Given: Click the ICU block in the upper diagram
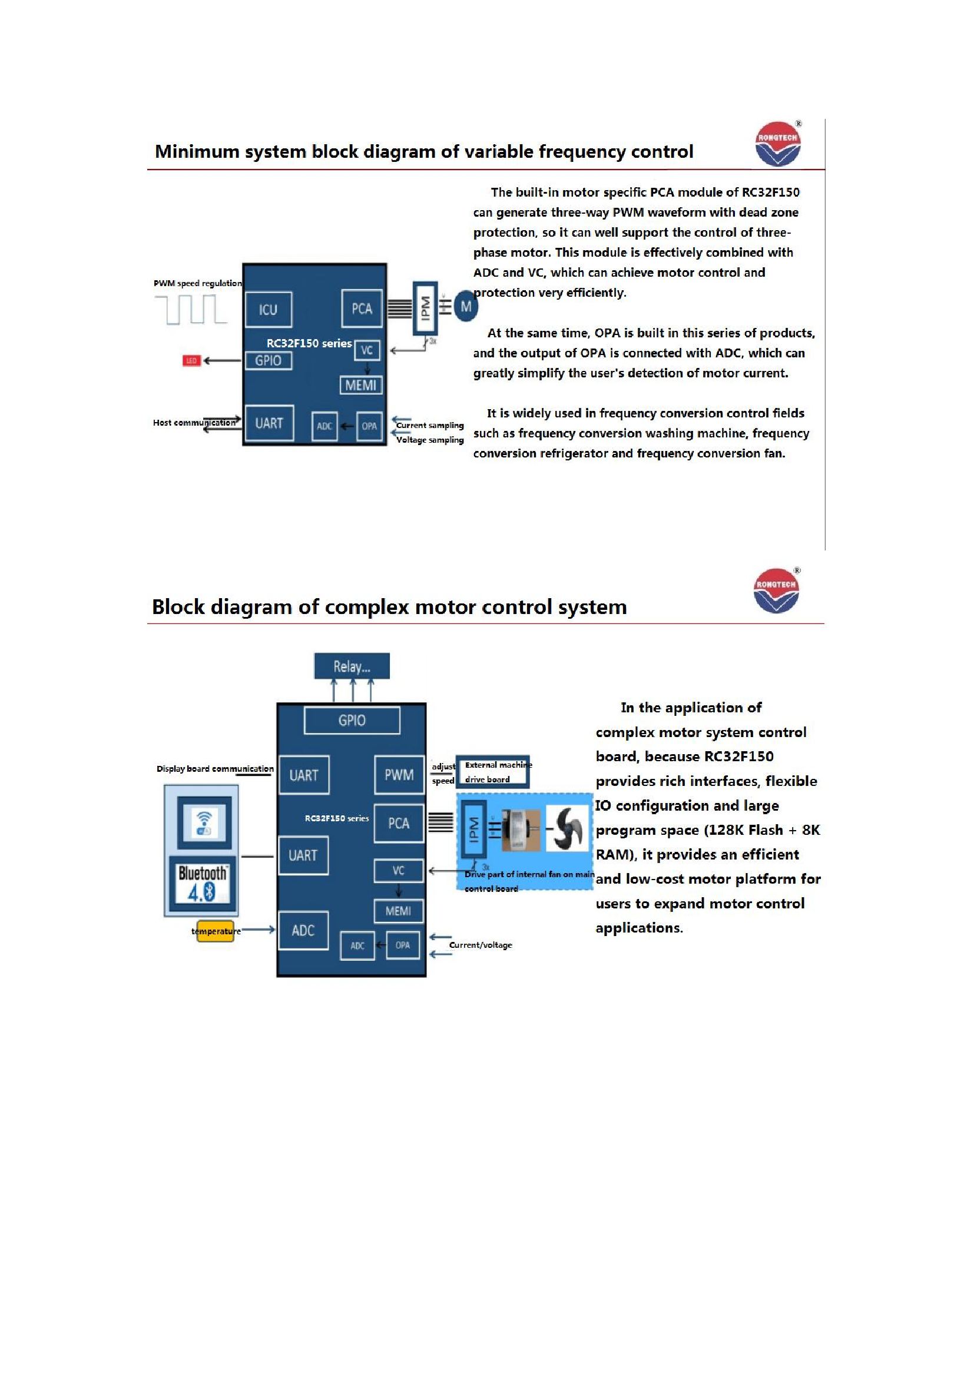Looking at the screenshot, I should point(268,310).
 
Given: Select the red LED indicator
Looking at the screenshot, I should point(191,360).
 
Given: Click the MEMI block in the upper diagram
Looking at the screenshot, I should point(360,385).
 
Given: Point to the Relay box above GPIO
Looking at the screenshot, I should point(352,666).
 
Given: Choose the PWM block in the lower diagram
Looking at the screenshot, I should point(399,775).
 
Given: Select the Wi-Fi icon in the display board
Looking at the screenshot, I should point(204,822).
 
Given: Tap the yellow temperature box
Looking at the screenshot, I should point(215,931).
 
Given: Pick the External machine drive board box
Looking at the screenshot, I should point(492,772).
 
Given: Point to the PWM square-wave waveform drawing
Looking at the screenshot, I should point(191,310).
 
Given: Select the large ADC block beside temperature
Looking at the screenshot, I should point(303,930).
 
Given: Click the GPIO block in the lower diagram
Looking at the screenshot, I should point(352,720).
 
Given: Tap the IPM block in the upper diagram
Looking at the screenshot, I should point(425,308).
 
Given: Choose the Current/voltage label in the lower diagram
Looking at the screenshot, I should point(481,945).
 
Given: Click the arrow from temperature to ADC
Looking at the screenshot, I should point(258,930).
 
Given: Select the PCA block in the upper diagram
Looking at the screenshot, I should point(362,309).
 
